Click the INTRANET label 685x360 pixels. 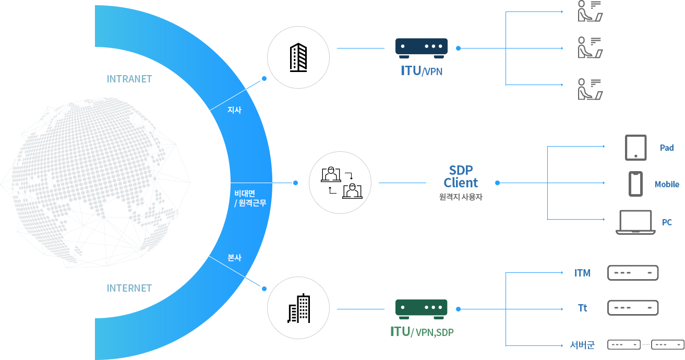(x=129, y=79)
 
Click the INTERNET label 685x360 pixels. (x=129, y=288)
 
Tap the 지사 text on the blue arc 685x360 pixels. (x=235, y=110)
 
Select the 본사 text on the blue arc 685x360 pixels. (x=235, y=258)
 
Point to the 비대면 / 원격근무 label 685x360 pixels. (x=250, y=198)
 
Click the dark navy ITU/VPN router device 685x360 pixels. (x=422, y=48)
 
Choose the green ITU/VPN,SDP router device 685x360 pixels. (x=422, y=309)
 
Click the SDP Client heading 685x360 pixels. (x=461, y=176)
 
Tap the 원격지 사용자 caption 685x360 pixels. (x=461, y=197)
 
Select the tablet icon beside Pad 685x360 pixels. (x=636, y=148)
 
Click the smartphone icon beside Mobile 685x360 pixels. (x=635, y=184)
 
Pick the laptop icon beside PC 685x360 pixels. (x=635, y=222)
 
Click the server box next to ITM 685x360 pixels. (x=633, y=273)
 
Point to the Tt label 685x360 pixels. (x=583, y=308)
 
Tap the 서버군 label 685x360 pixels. (x=582, y=345)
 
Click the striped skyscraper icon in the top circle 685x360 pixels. (x=298, y=57)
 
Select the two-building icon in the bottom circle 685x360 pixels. (x=299, y=308)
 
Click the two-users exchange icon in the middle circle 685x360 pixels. (x=341, y=183)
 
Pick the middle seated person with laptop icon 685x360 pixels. (x=590, y=47)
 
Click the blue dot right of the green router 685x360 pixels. (x=458, y=309)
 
